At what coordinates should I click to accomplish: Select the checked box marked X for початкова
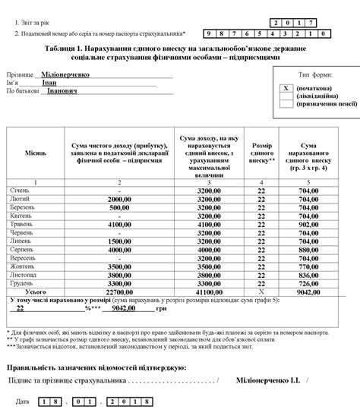click(286, 87)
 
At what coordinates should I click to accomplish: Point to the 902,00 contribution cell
click(308, 225)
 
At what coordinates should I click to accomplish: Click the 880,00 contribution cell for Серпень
click(308, 249)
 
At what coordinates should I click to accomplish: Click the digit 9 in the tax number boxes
click(210, 35)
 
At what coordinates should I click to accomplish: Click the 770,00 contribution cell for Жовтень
click(308, 266)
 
